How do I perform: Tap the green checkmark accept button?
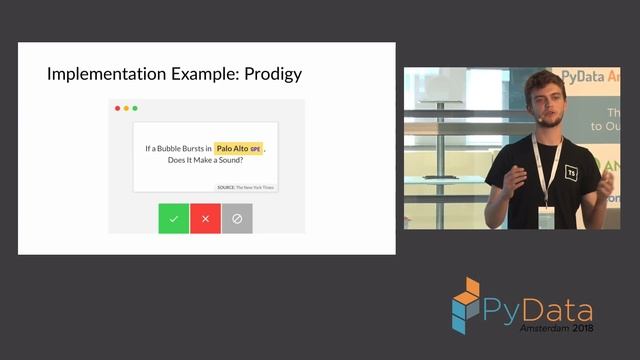(x=173, y=218)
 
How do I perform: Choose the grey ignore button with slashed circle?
(x=237, y=218)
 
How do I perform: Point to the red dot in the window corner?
(x=117, y=108)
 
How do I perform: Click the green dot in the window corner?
(x=135, y=108)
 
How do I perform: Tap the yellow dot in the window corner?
(x=126, y=108)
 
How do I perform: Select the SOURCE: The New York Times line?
(x=245, y=187)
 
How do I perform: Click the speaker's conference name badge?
(x=546, y=217)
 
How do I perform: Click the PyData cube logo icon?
(x=465, y=303)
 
